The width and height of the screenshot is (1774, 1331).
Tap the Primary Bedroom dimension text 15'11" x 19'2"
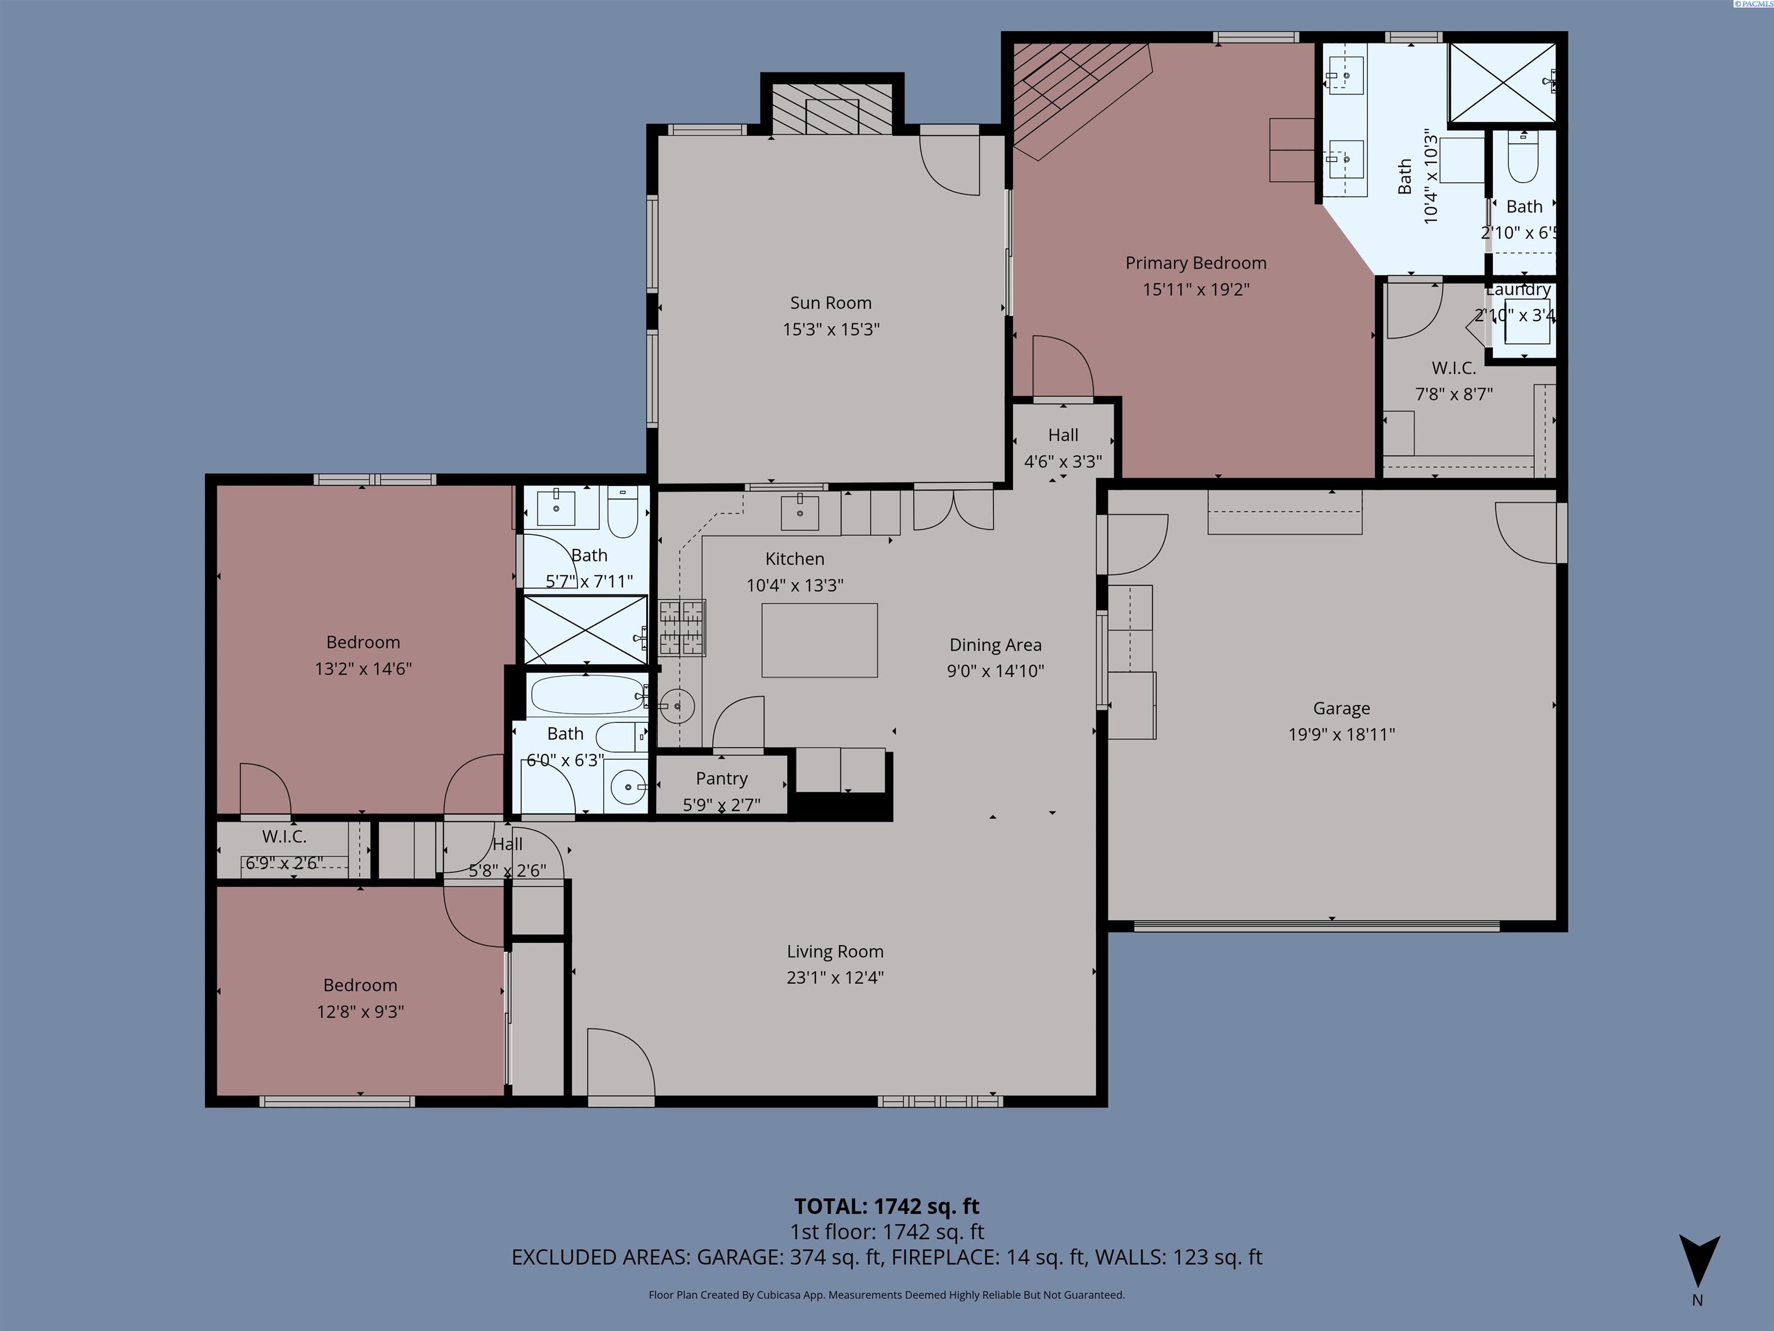pyautogui.click(x=1196, y=289)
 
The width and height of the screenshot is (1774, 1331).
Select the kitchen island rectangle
pyautogui.click(x=819, y=640)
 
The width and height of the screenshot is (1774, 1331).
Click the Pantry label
pyautogui.click(x=721, y=778)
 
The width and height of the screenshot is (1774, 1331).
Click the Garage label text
pyautogui.click(x=1341, y=708)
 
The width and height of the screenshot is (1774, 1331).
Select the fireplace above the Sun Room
pyautogui.click(x=832, y=108)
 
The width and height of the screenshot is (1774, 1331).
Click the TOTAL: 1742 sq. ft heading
pyautogui.click(x=886, y=1206)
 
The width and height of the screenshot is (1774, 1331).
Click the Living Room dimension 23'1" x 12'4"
pyautogui.click(x=835, y=977)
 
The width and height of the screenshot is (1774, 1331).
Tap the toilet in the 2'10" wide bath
pyautogui.click(x=1522, y=159)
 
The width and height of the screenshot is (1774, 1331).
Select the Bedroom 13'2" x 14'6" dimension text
pyautogui.click(x=363, y=668)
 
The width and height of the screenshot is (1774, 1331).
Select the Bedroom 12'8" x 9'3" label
pyautogui.click(x=360, y=985)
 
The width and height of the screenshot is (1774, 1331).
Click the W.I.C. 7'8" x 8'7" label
pyautogui.click(x=1453, y=368)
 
